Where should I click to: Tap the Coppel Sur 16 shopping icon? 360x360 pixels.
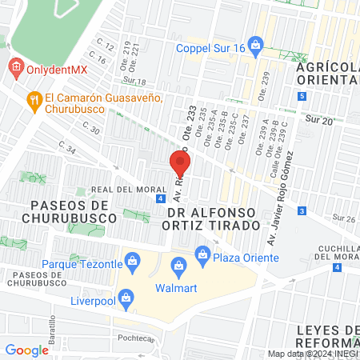(255, 43)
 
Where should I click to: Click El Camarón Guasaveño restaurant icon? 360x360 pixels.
(34, 100)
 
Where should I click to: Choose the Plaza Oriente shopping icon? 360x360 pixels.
(202, 256)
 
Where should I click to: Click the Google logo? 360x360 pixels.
(26, 350)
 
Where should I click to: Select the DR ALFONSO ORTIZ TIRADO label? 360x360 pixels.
(214, 218)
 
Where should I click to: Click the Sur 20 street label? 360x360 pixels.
(318, 119)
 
